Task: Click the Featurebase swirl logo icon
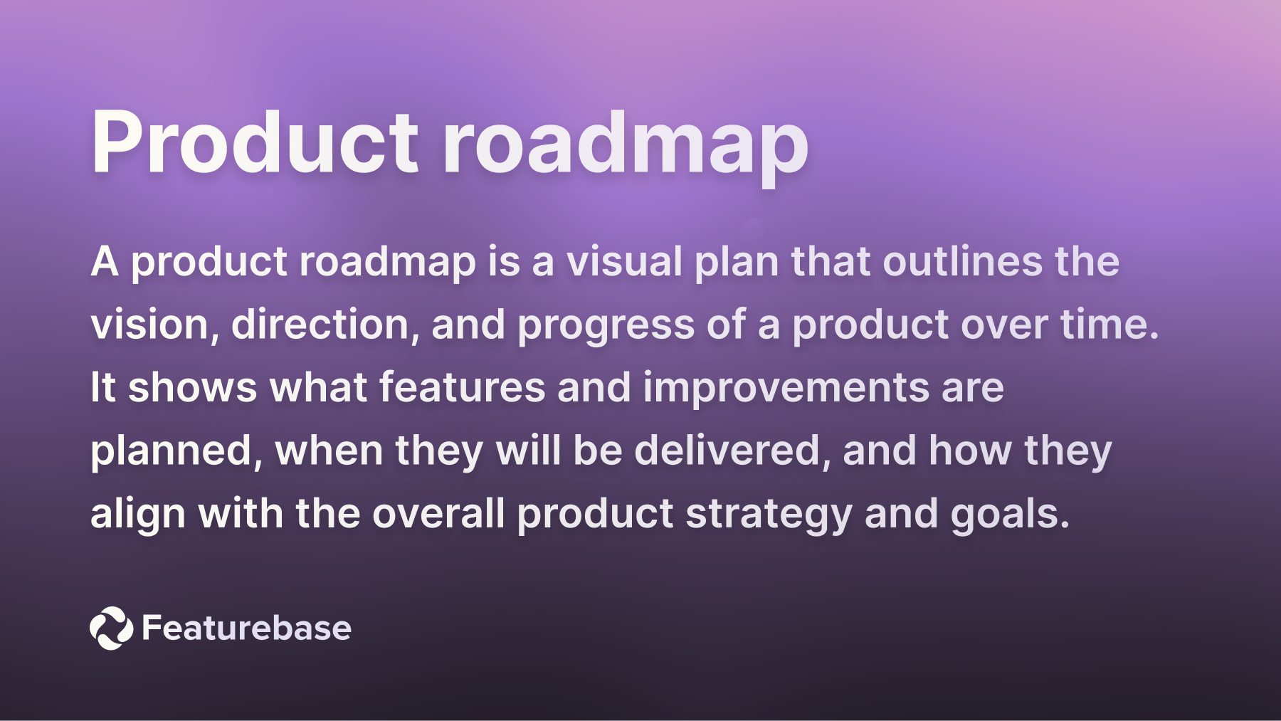(111, 628)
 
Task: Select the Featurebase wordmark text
(246, 628)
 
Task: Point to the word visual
(624, 261)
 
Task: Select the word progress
(606, 326)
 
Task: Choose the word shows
(192, 388)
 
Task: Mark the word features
(461, 388)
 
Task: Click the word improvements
(786, 388)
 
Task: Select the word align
(138, 515)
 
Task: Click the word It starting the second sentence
(102, 388)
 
